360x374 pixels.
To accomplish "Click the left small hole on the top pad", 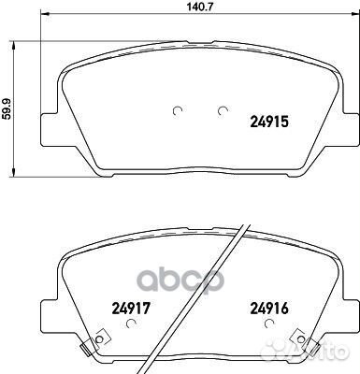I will [178, 111].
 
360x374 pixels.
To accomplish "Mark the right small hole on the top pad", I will [223, 111].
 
